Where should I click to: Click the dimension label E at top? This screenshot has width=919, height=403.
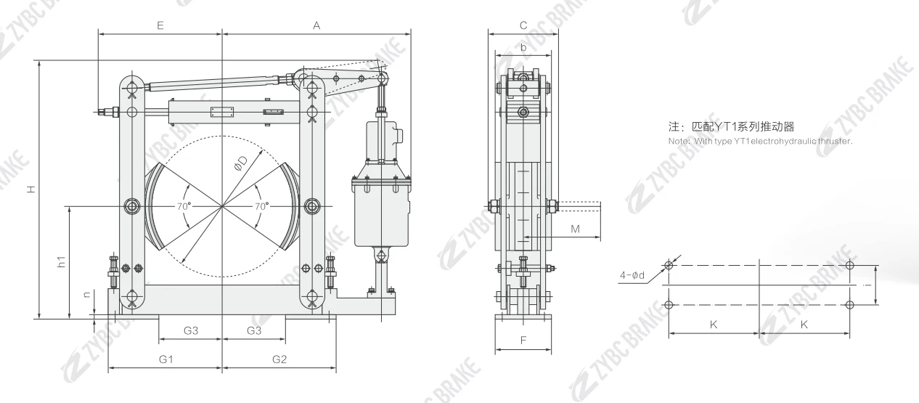(160, 25)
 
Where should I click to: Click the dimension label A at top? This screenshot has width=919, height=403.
(316, 25)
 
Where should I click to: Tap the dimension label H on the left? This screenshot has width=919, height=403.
(30, 190)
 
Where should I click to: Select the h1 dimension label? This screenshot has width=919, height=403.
(62, 262)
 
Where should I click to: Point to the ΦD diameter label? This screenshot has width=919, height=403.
(241, 163)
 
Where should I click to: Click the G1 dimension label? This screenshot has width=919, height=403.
(166, 359)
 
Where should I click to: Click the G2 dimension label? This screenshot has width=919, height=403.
(279, 359)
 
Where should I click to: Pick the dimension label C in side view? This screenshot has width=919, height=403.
(523, 25)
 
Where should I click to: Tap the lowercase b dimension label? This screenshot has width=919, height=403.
(523, 48)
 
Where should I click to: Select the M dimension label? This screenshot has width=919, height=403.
(575, 229)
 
